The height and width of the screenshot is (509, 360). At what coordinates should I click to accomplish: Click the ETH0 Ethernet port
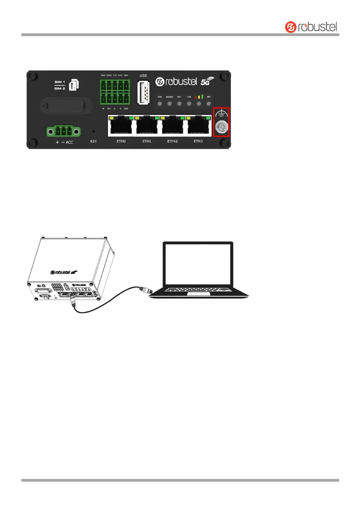(x=121, y=125)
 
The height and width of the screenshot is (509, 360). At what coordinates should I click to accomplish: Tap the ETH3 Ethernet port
(x=198, y=125)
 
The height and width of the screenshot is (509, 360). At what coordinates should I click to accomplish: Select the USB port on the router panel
(x=143, y=92)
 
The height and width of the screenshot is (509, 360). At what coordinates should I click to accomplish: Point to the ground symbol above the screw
(x=221, y=114)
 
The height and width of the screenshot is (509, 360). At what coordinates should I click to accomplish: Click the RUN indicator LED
(x=160, y=104)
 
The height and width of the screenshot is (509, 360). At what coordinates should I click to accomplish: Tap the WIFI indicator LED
(x=209, y=104)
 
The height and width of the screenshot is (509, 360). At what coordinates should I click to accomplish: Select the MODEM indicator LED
(x=169, y=104)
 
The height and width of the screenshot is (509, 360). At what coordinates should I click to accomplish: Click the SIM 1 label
(x=60, y=82)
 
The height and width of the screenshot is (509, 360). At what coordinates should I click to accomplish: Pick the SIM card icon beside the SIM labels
(x=74, y=85)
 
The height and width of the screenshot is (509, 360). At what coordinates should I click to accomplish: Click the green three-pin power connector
(x=63, y=131)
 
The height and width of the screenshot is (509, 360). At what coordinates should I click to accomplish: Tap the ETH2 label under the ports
(x=173, y=141)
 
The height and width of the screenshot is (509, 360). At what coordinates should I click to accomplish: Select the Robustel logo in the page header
(x=311, y=27)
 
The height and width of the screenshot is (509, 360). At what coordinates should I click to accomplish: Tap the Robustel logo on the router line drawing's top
(x=64, y=272)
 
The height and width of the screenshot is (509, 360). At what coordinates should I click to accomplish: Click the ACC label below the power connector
(x=69, y=142)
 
